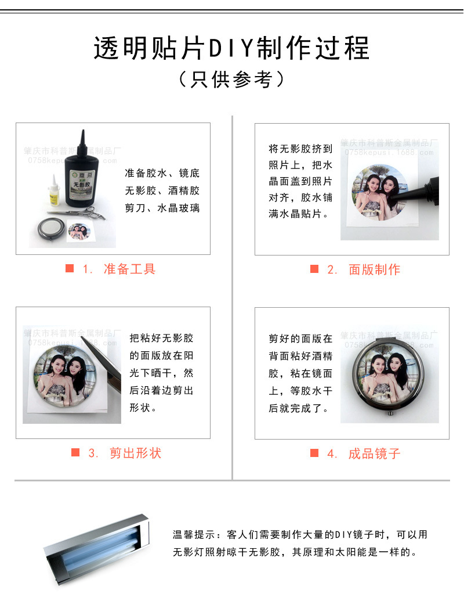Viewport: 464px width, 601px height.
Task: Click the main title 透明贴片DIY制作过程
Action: point(231,48)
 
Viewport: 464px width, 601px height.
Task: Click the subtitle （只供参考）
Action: point(231,80)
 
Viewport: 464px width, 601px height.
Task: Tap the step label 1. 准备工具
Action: point(119,269)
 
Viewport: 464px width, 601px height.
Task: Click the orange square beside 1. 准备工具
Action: point(70,268)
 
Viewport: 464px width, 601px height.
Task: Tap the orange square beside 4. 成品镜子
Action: point(314,453)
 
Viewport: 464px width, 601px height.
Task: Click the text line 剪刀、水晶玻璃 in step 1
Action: point(162,207)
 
